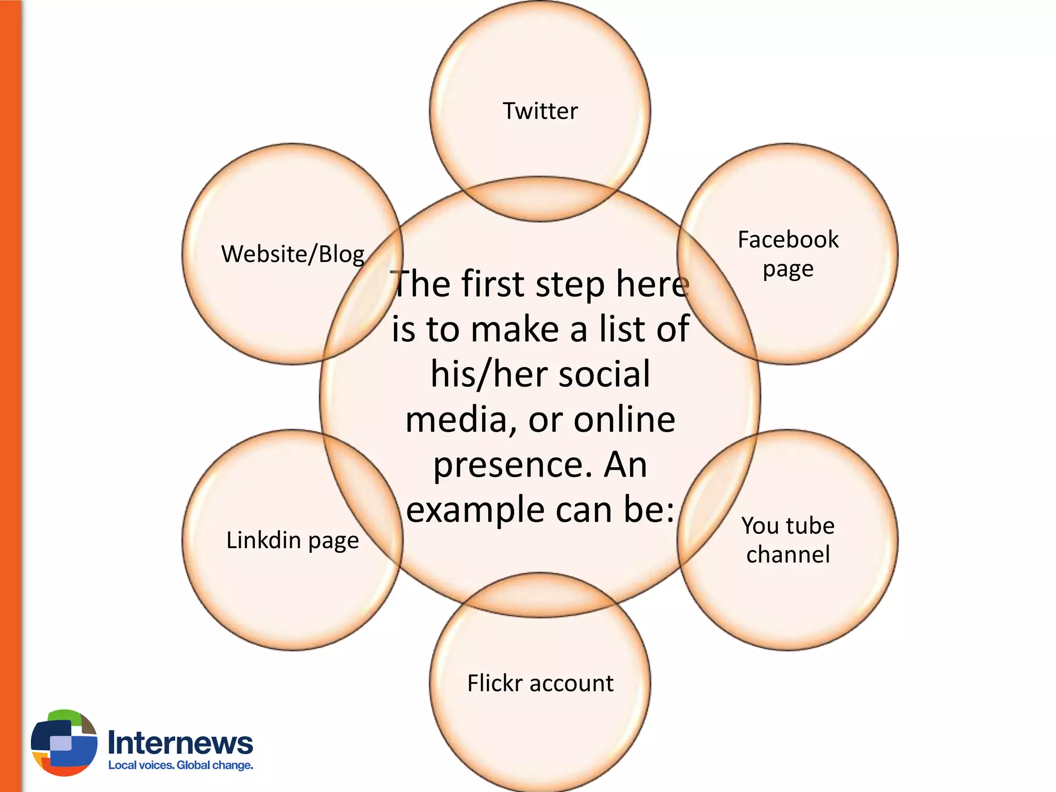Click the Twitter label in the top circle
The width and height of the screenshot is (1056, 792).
pos(540,111)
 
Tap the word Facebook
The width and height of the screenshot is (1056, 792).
pos(788,240)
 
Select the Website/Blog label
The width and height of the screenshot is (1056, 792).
pos(293,254)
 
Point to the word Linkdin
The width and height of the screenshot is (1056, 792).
pos(263,540)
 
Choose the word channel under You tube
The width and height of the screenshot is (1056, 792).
pos(788,555)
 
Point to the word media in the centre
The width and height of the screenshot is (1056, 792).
pos(460,420)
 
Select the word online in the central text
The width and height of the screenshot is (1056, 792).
pos(624,420)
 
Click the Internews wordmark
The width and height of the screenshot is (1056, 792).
pos(180,743)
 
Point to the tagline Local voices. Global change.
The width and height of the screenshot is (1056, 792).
pos(180,765)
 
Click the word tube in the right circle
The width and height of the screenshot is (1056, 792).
pos(810,526)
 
